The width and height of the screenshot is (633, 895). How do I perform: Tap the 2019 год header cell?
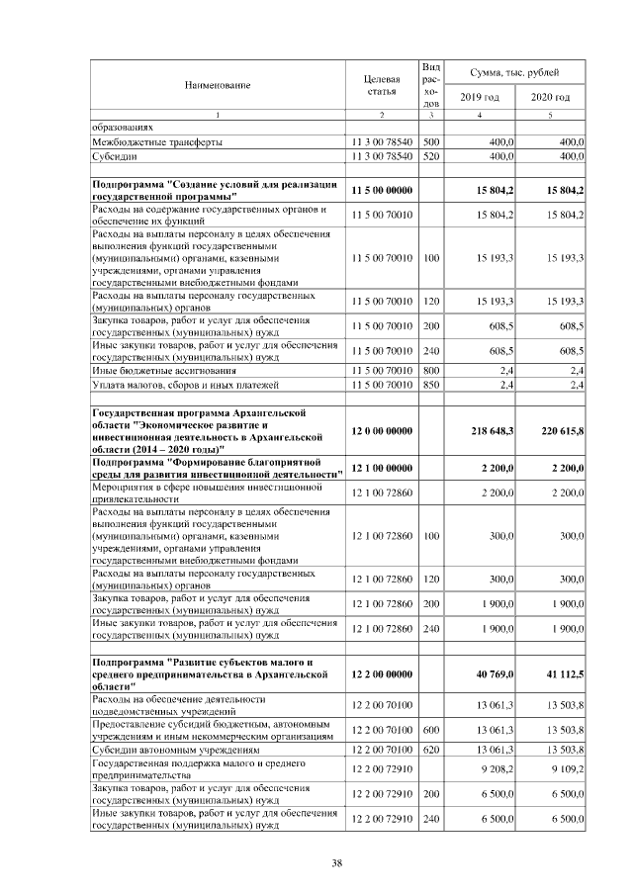[x=480, y=97]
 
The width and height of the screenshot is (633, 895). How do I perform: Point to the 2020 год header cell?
[x=551, y=97]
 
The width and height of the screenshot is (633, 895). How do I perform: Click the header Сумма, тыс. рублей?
[x=514, y=73]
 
